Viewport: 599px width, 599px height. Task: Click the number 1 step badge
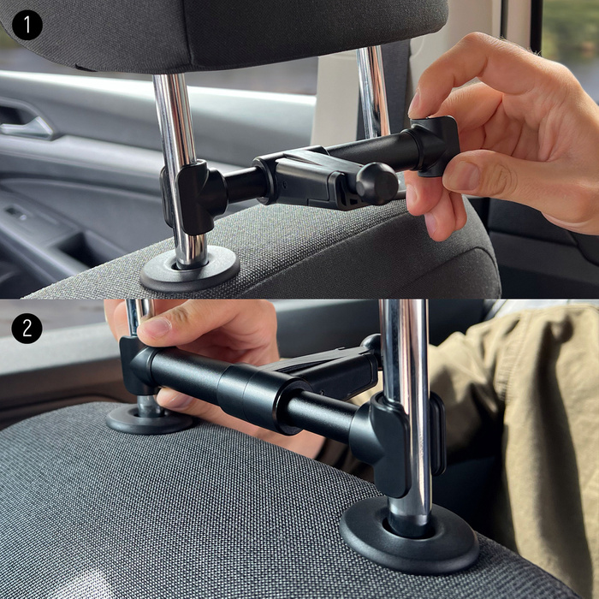[x=27, y=25]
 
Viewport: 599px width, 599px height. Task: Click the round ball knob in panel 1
[x=377, y=182]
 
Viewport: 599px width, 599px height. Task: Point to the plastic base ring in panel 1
[x=189, y=269]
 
